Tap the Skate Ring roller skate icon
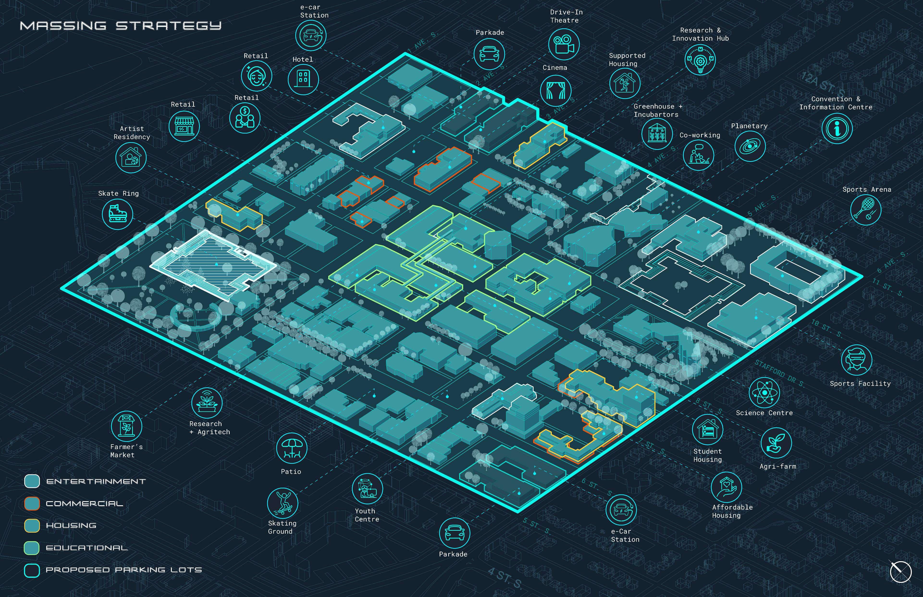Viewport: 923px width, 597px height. [x=117, y=213]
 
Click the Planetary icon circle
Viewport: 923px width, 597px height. [x=750, y=146]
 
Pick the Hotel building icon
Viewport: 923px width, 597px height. [x=303, y=79]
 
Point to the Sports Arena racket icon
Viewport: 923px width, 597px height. [x=866, y=209]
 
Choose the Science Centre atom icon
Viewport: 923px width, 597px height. [x=764, y=393]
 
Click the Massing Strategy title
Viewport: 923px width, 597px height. [x=121, y=26]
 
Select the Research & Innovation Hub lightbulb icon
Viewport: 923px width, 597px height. [x=700, y=60]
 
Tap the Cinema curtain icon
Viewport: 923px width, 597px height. [x=555, y=90]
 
